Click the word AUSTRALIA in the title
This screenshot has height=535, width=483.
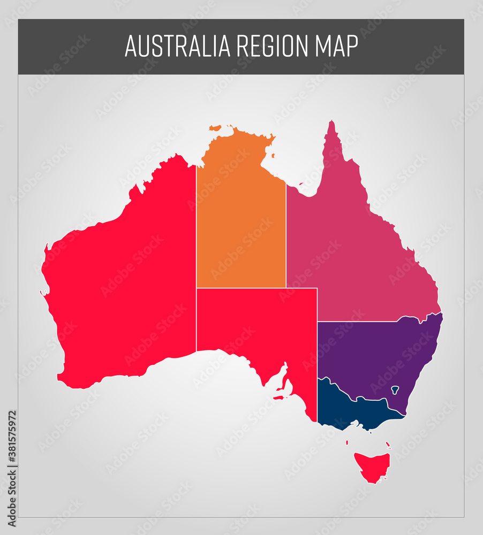[x=177, y=47]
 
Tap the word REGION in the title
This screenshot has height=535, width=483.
[x=273, y=47]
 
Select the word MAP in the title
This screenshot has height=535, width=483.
[x=336, y=47]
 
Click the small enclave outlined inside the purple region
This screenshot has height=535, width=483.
[x=395, y=389]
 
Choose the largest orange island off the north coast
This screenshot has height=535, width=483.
[x=215, y=128]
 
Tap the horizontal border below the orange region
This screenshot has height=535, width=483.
[x=241, y=288]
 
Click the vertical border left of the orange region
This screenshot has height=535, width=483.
[x=196, y=225]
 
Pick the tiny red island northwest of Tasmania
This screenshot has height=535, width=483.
[x=348, y=442]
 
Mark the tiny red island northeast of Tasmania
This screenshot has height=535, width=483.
[x=388, y=444]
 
